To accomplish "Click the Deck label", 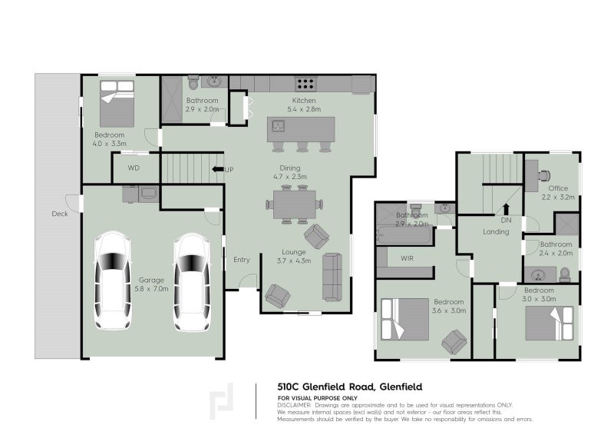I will (x=60, y=214).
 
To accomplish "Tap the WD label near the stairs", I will (x=134, y=168).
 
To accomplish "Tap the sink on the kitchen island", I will (x=279, y=125).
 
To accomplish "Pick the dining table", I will (x=293, y=205).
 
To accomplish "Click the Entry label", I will (x=242, y=260).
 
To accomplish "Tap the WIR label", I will (x=407, y=258).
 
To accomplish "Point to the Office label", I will (x=558, y=188).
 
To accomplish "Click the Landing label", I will (x=495, y=231).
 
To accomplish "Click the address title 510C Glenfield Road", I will (x=349, y=387).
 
